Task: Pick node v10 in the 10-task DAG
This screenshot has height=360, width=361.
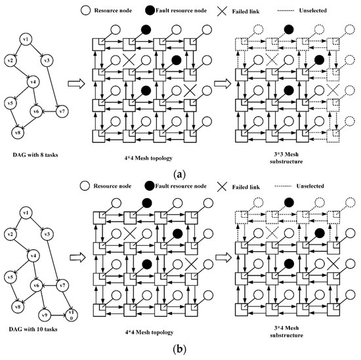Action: click(71, 312)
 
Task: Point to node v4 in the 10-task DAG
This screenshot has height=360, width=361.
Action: click(30, 255)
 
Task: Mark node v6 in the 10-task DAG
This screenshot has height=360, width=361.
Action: click(38, 285)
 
